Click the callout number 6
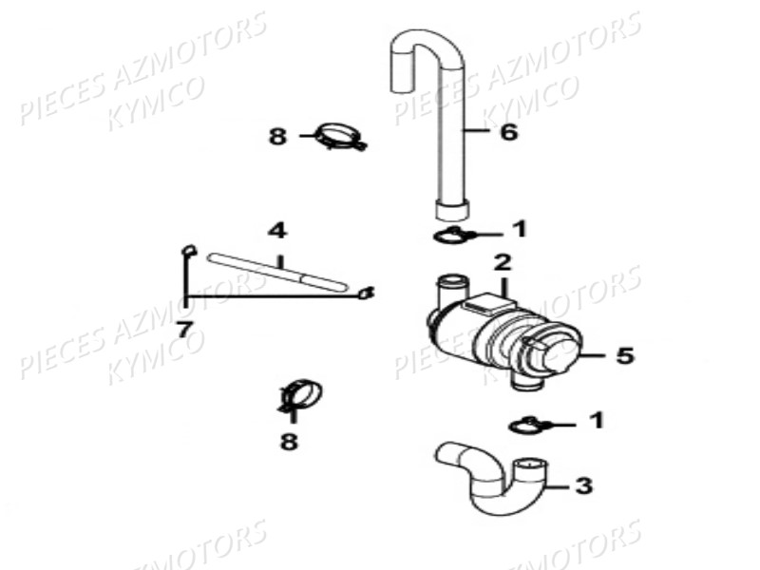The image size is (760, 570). (x=508, y=132)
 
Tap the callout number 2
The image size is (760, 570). (x=503, y=262)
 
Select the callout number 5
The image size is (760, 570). (x=625, y=355)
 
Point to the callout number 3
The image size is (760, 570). (x=583, y=485)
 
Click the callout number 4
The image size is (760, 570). (x=277, y=231)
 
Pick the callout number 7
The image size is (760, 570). (x=183, y=330)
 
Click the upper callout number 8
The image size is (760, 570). (x=277, y=136)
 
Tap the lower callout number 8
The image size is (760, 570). (x=289, y=441)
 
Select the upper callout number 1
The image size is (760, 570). (x=520, y=229)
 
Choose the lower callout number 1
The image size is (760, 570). (x=597, y=420)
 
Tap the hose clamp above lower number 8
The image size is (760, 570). (x=301, y=394)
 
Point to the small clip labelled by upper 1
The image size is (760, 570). (x=454, y=236)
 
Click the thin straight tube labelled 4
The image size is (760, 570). (x=277, y=272)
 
